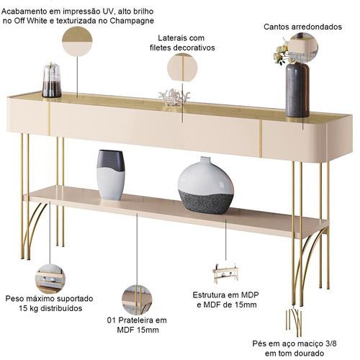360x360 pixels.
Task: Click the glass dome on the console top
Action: [x=52, y=80]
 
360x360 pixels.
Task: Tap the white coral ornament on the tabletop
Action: [x=174, y=97]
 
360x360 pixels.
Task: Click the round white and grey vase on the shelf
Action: [x=206, y=186]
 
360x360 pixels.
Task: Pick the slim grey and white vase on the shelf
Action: [x=111, y=175]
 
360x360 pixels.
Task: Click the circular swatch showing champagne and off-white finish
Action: [x=77, y=42]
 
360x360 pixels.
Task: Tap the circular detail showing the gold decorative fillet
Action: [x=182, y=67]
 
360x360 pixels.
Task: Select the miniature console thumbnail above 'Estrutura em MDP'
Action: [x=225, y=273]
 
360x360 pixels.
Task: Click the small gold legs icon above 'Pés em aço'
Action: [x=294, y=323]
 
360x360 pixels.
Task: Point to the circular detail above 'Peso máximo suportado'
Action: [x=50, y=279]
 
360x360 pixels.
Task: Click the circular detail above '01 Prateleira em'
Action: [x=137, y=300]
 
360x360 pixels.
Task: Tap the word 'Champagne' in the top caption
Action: [x=132, y=21]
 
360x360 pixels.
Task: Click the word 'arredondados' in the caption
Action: [x=317, y=27]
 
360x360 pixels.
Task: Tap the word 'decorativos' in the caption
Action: [x=194, y=48]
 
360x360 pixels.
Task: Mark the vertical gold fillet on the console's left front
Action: [x=49, y=117]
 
